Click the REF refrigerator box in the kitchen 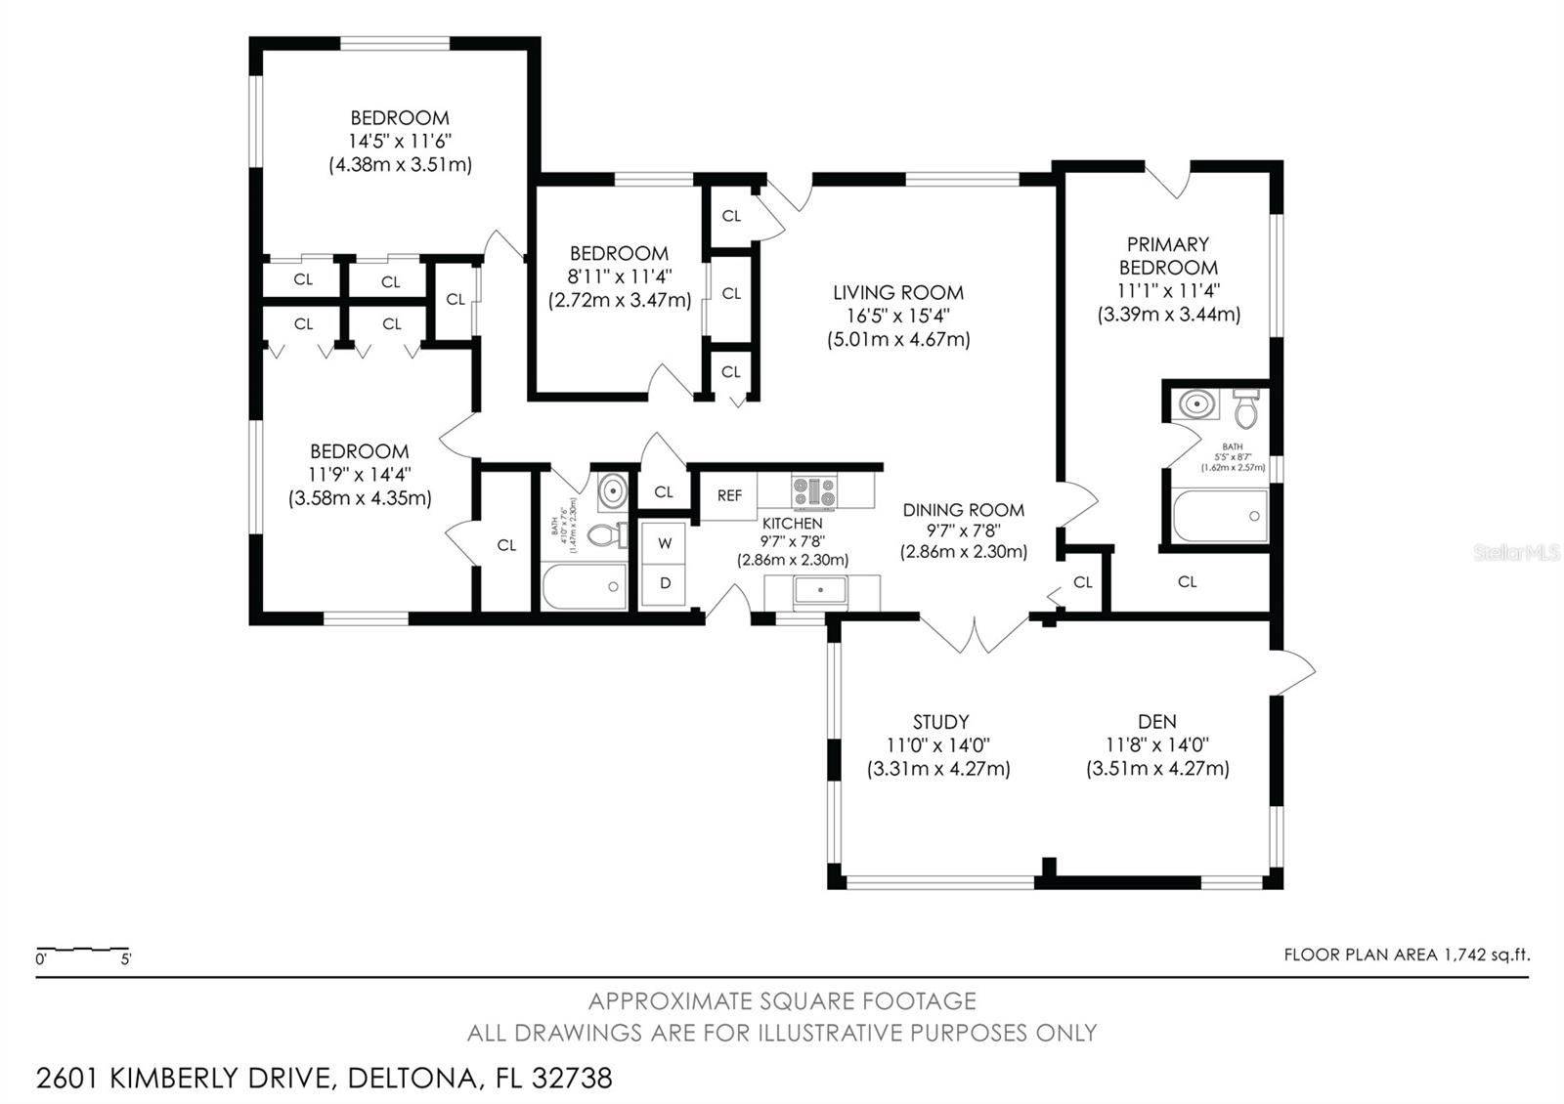tap(729, 495)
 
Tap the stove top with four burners tap(813, 490)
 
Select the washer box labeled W tap(665, 542)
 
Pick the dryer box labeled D tap(665, 583)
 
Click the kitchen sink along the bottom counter tap(819, 590)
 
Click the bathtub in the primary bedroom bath tap(1220, 516)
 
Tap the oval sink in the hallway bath tap(612, 490)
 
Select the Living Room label tap(897, 292)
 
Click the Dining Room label tap(963, 510)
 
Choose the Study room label tap(940, 722)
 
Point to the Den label tap(1156, 722)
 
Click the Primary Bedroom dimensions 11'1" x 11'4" tap(1168, 290)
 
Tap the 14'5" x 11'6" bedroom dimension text tap(400, 141)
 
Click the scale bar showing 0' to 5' tap(83, 951)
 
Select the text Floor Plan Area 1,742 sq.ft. tap(1406, 955)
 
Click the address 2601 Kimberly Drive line tap(324, 1078)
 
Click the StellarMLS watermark tap(1517, 553)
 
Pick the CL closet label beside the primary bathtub tap(1187, 582)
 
